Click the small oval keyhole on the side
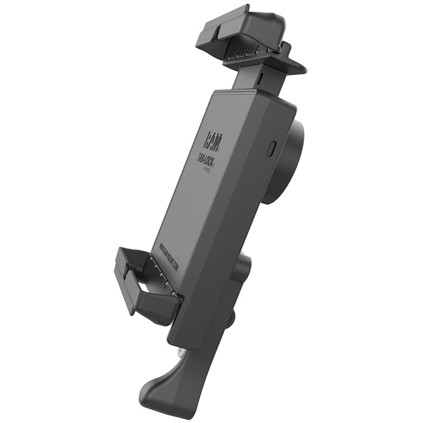(x=272, y=148)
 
